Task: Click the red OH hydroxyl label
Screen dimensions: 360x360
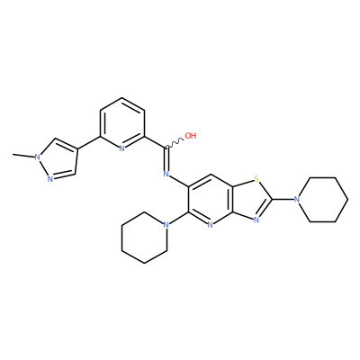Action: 191,136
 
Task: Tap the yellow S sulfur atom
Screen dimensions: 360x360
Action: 256,179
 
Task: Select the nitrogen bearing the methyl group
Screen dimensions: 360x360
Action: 38,157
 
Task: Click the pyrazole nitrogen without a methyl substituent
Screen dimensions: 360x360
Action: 50,179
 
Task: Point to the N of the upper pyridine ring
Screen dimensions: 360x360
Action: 121,148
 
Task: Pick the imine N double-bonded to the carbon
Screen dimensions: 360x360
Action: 166,174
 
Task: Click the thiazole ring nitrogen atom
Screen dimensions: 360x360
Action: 256,220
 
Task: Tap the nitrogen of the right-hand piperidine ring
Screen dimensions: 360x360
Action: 297,200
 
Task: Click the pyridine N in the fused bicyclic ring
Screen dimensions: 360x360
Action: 211,225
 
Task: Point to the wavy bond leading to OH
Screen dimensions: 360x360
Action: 175,143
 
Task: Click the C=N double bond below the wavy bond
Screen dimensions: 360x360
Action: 166,159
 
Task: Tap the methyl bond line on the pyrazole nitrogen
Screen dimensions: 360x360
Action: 23,156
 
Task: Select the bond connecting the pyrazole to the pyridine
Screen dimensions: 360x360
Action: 89,142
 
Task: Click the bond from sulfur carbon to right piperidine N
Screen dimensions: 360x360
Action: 283,200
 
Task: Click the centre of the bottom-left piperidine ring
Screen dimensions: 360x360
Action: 144,238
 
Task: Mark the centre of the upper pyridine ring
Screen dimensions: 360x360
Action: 121,123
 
